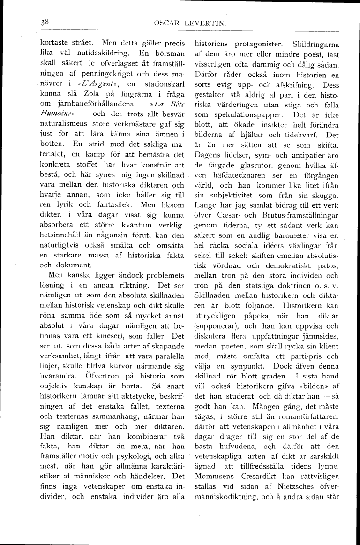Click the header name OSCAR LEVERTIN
pyautogui.click(x=187, y=23)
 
